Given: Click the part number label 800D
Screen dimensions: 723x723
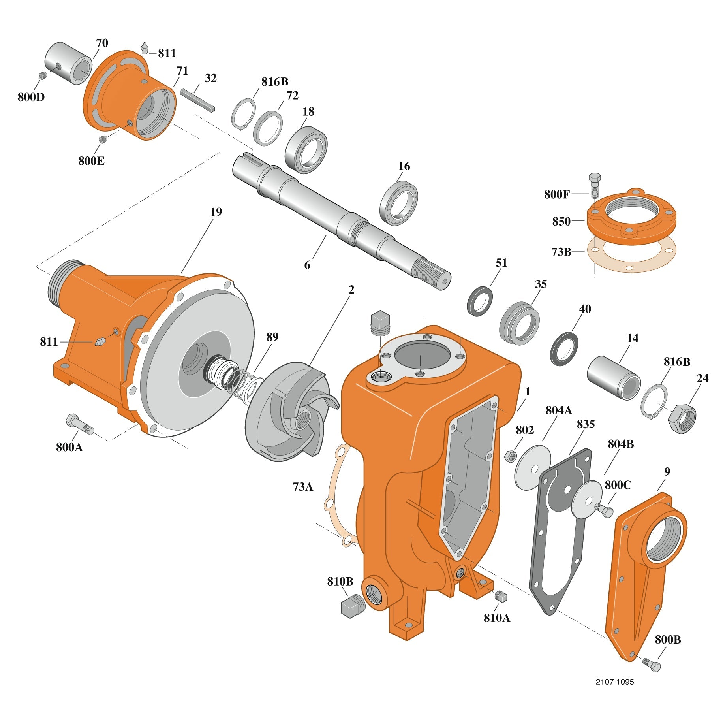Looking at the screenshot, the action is (31, 97).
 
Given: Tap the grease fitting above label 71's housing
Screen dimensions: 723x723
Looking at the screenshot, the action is (145, 48).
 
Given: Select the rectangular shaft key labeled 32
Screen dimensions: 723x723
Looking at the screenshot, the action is (197, 101).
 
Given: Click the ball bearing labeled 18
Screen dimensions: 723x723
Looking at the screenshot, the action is (306, 150).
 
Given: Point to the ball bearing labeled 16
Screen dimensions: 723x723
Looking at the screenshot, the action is (398, 203).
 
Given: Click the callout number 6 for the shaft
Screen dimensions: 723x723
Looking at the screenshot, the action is (307, 265).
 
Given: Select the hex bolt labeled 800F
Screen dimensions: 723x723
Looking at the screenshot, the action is (594, 185).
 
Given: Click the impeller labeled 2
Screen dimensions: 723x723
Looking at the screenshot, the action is (291, 411).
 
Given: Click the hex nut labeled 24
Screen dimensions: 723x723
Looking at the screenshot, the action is (682, 418).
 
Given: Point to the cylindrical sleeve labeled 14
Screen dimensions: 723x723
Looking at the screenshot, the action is (613, 378).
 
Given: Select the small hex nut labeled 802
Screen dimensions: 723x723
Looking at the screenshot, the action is (511, 456).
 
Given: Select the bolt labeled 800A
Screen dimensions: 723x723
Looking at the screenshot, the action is (79, 424).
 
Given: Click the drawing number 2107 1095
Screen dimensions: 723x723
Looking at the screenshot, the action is (615, 682).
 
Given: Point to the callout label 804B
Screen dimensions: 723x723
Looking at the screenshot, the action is (621, 444).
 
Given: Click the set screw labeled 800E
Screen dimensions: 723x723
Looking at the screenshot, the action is (103, 139).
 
